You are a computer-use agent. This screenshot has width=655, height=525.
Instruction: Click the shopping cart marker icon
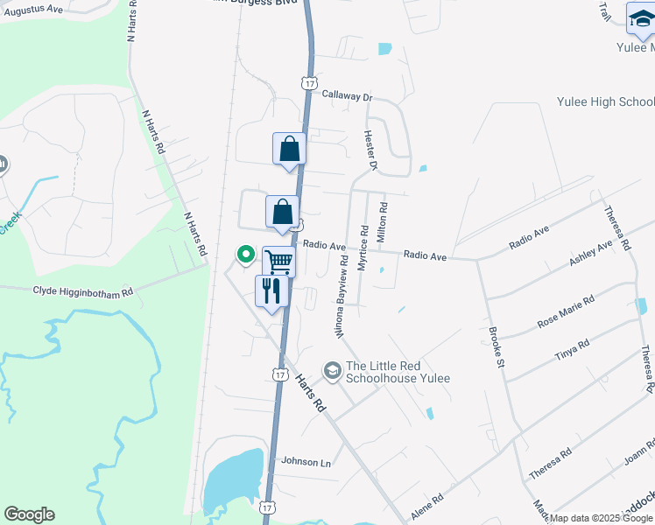point(278,261)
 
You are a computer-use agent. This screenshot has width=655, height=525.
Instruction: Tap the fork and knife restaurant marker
point(271,290)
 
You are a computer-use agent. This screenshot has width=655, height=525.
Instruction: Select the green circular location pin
point(246,255)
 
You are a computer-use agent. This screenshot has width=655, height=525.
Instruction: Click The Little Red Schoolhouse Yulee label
point(398,372)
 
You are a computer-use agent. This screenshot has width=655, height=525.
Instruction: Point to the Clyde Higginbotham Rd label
point(82,291)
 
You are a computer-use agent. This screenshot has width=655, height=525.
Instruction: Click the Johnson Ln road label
point(306,461)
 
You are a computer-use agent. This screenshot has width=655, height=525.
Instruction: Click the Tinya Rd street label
point(573,351)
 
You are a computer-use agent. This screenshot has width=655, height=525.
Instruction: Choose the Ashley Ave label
point(591,255)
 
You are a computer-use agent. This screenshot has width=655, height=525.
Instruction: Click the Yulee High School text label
point(605,102)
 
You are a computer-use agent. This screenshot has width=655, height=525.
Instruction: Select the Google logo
point(29,514)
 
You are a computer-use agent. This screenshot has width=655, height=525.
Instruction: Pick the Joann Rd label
point(640,453)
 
